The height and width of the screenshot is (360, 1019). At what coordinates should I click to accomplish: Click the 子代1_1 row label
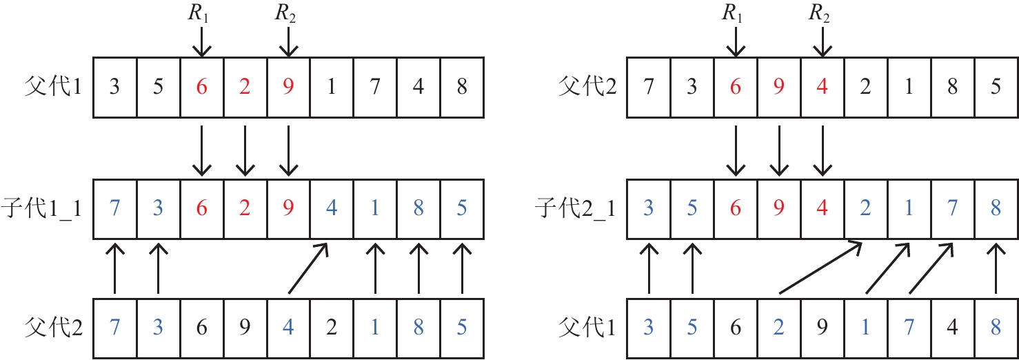(x=42, y=210)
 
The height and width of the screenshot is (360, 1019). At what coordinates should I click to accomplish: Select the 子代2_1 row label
(x=577, y=210)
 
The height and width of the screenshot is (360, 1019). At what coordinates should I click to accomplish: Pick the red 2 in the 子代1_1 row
(x=245, y=210)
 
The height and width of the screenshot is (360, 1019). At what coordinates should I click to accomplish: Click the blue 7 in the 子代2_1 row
(x=951, y=210)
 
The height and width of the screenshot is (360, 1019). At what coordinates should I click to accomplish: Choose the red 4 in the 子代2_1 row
(x=821, y=210)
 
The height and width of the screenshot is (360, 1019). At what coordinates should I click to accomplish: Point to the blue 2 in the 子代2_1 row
(x=865, y=210)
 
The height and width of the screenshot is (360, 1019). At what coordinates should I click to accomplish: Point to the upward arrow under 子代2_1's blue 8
(x=996, y=269)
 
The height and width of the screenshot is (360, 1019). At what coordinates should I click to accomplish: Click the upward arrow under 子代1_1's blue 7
(x=114, y=269)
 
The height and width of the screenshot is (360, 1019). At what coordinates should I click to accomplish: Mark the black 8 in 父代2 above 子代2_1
(x=951, y=89)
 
